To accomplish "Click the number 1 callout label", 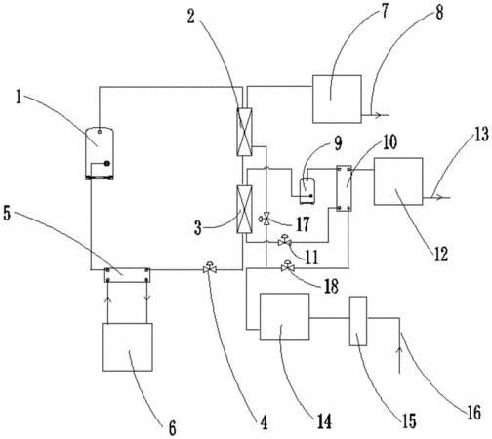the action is (20, 97).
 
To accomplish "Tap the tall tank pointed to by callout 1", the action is (100, 153).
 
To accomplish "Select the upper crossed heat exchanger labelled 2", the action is (244, 132).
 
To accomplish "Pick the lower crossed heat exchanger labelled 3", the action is (244, 210).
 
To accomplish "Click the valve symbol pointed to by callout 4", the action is (210, 268).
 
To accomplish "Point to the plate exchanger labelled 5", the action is (127, 275).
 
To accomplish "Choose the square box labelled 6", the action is (128, 347).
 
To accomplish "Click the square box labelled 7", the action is (337, 100).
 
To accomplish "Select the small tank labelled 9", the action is (307, 191).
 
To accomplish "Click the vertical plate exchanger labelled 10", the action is (344, 188).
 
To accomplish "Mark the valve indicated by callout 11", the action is (284, 241).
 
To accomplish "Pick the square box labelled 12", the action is (398, 181).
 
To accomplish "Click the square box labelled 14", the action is (284, 317).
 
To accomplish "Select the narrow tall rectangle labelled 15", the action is (358, 321).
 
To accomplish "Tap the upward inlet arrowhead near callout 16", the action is (399, 350).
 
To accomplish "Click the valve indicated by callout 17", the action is (265, 219).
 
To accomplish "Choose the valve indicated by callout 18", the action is (287, 266).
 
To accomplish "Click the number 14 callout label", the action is (324, 421).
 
